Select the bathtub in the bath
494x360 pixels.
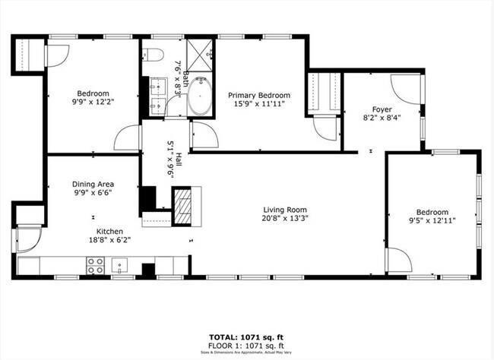click(x=201, y=95)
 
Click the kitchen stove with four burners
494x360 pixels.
click(x=95, y=265)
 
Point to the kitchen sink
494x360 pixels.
click(x=120, y=265)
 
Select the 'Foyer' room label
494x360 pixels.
click(x=382, y=109)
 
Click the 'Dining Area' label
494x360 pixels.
click(x=93, y=183)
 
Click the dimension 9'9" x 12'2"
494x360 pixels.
click(x=92, y=101)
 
